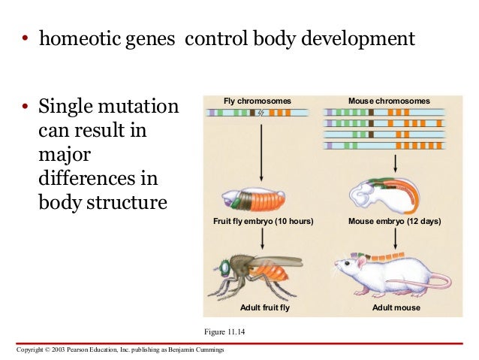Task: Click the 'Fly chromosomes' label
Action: pyautogui.click(x=257, y=100)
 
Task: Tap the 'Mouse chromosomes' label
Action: pyautogui.click(x=390, y=100)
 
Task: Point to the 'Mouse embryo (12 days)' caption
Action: pyautogui.click(x=395, y=222)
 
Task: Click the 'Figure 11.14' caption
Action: pyautogui.click(x=224, y=330)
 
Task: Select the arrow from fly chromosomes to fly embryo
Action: pyautogui.click(x=261, y=150)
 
